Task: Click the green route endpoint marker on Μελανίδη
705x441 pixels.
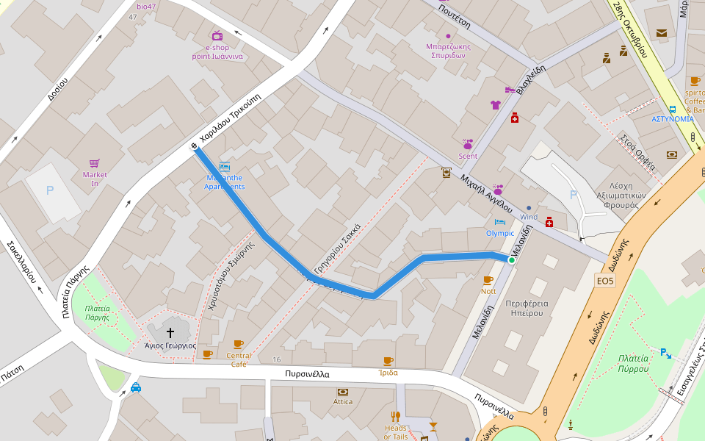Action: pos(512,259)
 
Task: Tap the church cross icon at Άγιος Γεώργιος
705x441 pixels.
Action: pos(170,332)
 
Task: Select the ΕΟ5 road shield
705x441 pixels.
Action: pos(604,281)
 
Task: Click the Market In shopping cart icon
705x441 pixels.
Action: pos(95,163)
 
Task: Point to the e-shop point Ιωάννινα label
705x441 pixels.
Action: pos(217,51)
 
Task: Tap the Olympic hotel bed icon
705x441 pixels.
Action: pos(500,221)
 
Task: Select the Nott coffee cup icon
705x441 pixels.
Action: pos(488,280)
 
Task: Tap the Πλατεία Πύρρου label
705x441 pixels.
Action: pos(632,364)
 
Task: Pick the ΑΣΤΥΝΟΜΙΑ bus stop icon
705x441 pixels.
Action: pos(673,109)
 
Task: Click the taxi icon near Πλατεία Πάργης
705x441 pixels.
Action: pos(136,387)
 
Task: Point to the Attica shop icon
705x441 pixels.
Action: pos(342,392)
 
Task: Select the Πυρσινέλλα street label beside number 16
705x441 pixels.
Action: pos(307,374)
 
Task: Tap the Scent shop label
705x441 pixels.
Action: pos(468,156)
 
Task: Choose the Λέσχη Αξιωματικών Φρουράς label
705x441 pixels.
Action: pos(621,196)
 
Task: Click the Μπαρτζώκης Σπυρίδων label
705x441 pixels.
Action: pos(448,51)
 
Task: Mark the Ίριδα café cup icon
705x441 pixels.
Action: pos(388,361)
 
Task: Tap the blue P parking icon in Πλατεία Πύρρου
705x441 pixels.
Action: pos(665,353)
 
